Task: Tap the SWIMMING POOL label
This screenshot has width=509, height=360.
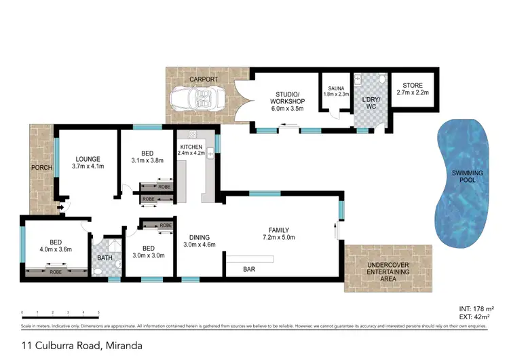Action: (468, 177)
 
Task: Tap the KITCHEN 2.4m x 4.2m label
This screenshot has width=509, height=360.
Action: (195, 150)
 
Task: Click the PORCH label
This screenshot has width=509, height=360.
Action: (41, 168)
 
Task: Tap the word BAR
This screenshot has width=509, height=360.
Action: (249, 269)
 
